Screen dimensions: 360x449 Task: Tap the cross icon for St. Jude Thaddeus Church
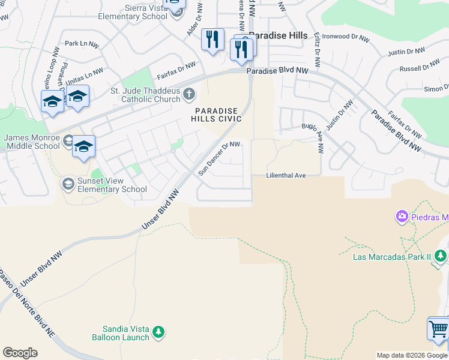(x=189, y=93)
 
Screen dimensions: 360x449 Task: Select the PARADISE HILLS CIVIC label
(x=217, y=115)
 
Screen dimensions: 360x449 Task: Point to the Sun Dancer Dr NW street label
(x=220, y=158)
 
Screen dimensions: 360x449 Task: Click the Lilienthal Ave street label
(x=286, y=175)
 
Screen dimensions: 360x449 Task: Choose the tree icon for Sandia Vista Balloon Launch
(x=158, y=332)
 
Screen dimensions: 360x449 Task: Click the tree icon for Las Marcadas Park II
(x=441, y=257)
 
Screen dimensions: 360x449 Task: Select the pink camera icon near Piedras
(x=402, y=216)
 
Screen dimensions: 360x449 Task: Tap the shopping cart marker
(x=438, y=329)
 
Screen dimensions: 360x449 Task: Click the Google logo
(x=20, y=353)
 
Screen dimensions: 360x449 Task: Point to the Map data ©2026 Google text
(x=412, y=355)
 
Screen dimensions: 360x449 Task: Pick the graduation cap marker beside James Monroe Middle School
(x=83, y=147)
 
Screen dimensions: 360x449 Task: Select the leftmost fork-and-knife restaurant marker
(x=212, y=40)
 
